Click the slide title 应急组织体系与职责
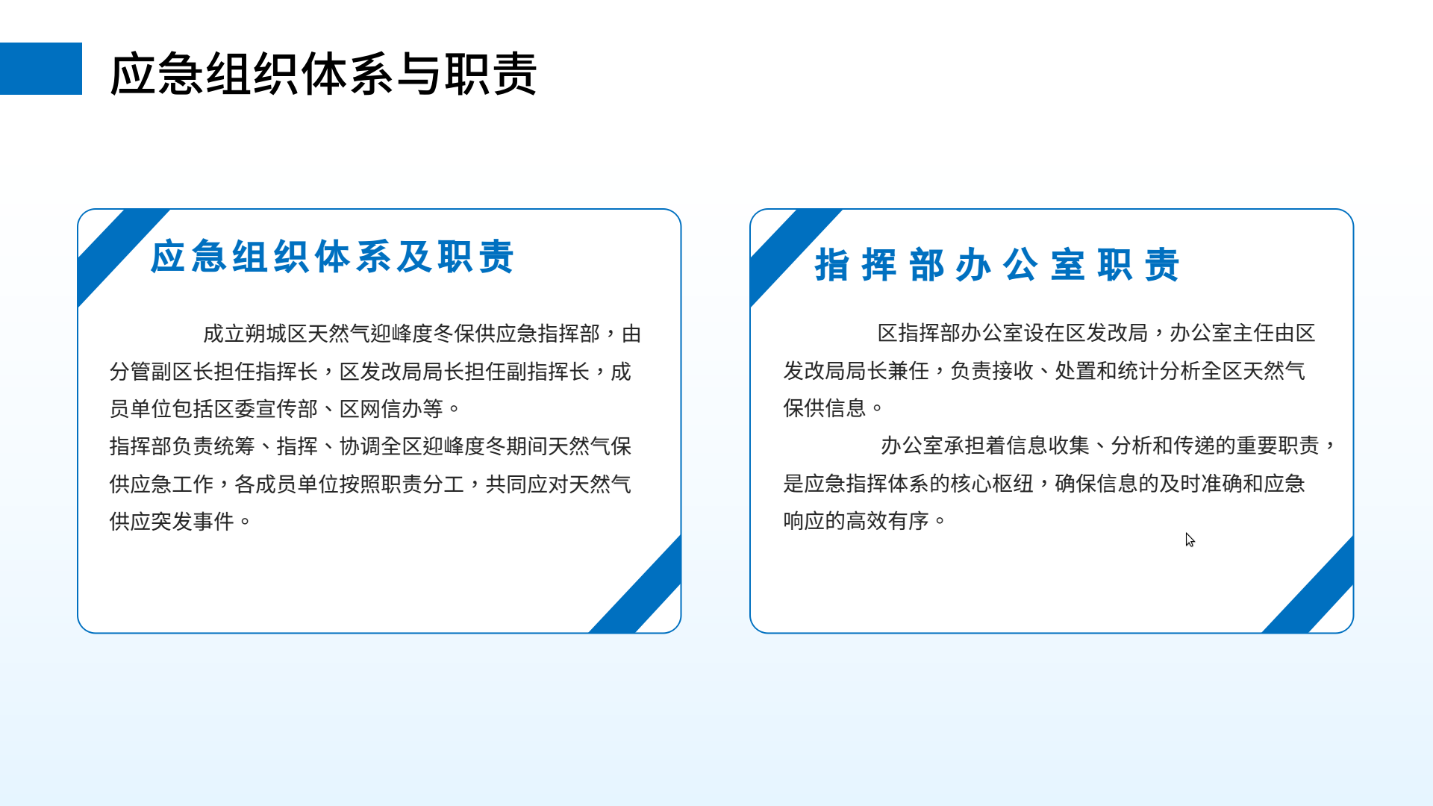323,74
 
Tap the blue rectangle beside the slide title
41,69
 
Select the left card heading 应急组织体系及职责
332,257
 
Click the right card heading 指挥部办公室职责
997,265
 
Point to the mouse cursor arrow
1190,540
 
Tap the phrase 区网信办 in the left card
381,409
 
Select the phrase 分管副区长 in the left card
161,372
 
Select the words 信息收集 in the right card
1049,446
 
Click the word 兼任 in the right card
908,371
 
